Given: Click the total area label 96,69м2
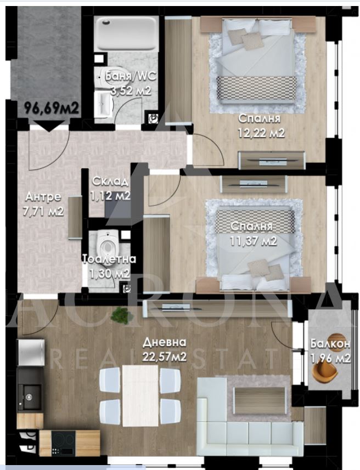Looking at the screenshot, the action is (51, 108).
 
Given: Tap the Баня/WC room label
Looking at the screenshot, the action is (131, 76).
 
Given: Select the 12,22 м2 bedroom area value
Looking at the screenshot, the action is (261, 133).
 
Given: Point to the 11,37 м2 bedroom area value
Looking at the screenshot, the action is (253, 241).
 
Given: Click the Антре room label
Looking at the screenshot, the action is (43, 197).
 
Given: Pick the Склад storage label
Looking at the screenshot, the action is (110, 181).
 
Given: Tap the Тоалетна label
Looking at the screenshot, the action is (109, 259).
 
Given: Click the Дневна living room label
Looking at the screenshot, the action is (165, 342).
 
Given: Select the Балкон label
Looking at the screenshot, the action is (330, 343).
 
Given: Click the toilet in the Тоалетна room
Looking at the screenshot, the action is (106, 244).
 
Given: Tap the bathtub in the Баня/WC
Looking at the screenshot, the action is (126, 33).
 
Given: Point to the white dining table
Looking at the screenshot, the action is (140, 395).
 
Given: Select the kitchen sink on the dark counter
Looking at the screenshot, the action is (30, 397).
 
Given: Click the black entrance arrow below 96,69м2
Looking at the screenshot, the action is (49, 126).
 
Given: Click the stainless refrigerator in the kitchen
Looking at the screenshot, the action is (31, 352).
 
